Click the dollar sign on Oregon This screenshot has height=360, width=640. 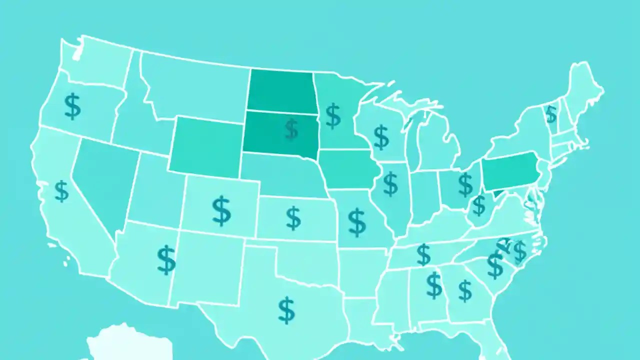click(73, 106)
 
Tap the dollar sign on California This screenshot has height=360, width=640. click(61, 191)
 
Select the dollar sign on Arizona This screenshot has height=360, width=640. click(166, 259)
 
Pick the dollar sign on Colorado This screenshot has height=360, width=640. click(221, 210)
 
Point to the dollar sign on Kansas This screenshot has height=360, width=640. click(293, 218)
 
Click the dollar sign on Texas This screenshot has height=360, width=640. click(286, 309)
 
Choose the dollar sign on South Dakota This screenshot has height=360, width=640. click(291, 129)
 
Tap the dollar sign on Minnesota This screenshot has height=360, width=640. click(333, 115)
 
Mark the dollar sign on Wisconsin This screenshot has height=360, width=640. click(381, 137)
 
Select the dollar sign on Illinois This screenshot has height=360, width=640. click(390, 183)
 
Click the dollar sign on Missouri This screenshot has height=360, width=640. click(356, 222)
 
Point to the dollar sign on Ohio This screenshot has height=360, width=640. click(465, 184)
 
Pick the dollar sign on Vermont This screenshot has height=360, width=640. click(550, 114)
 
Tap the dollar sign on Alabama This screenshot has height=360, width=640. click(434, 285)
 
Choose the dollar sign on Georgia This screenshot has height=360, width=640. click(465, 290)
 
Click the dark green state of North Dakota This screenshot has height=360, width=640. click(280, 90)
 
